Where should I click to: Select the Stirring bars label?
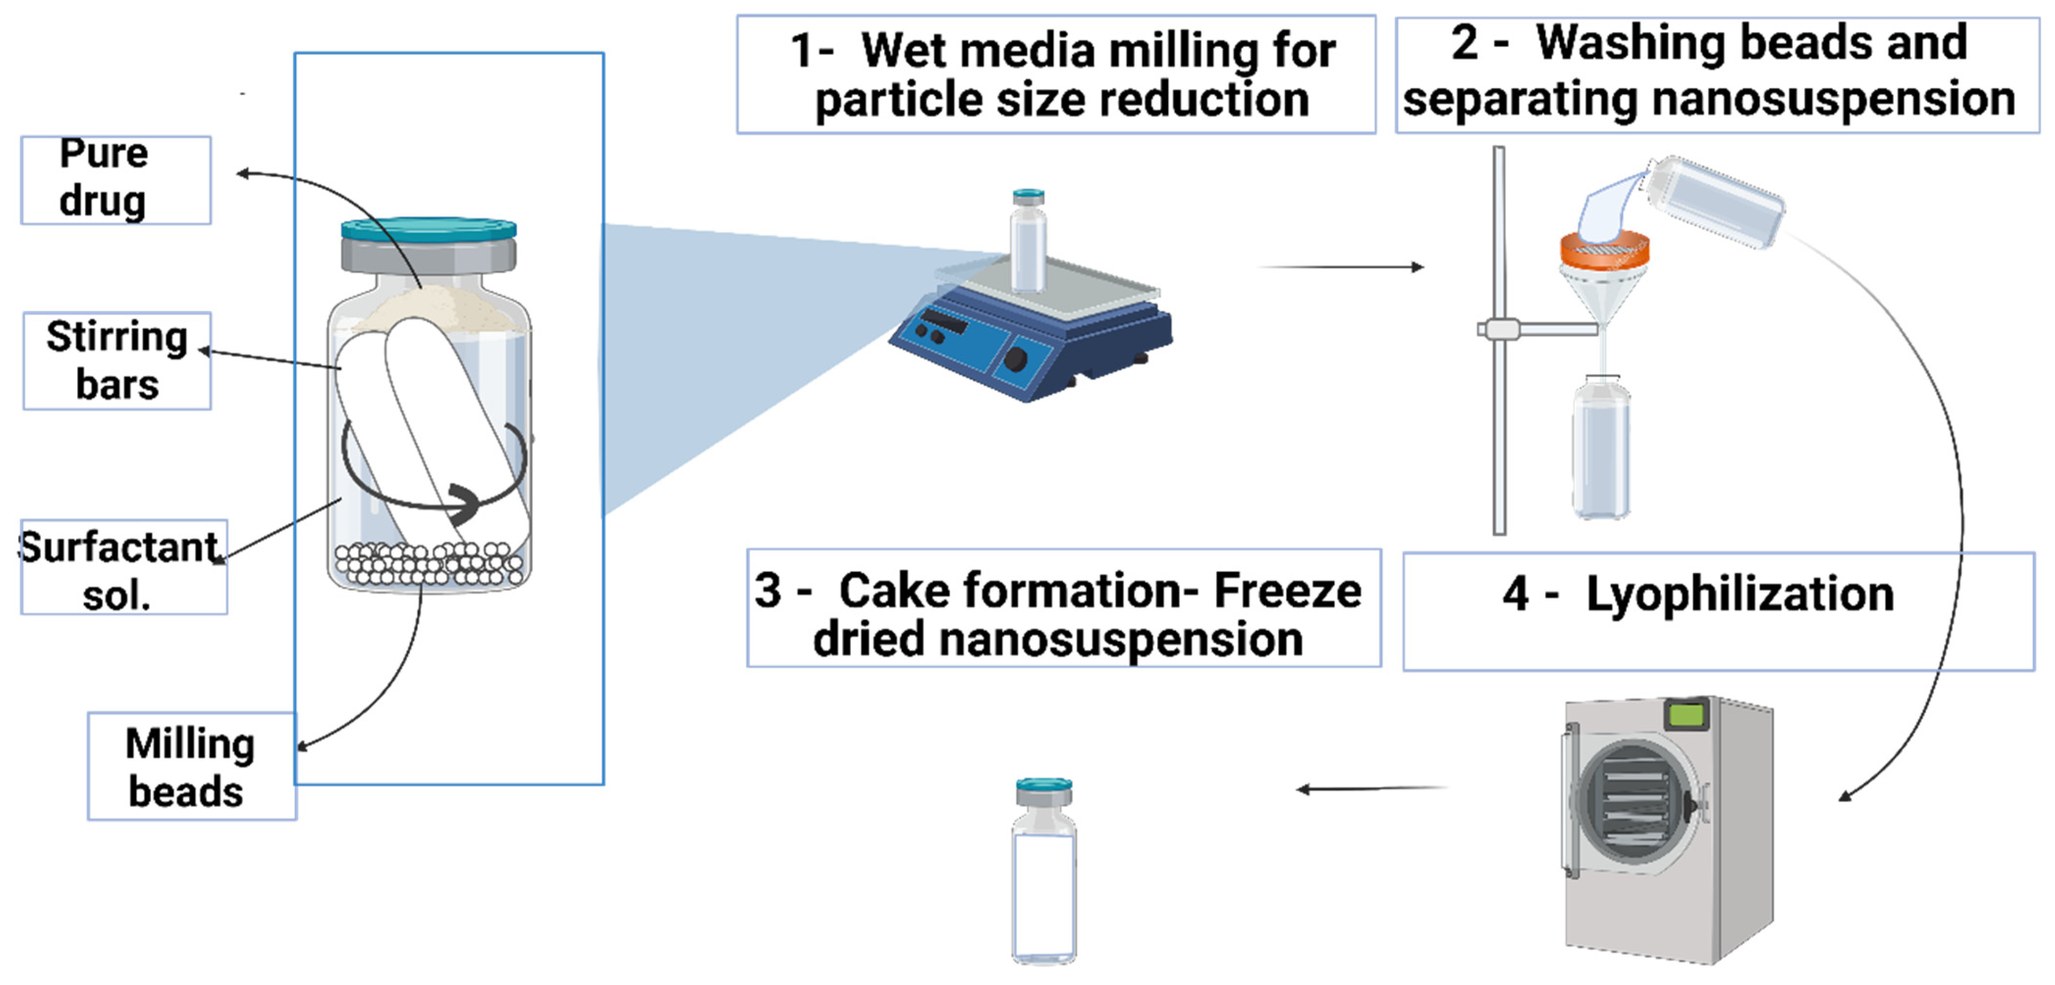(x=117, y=360)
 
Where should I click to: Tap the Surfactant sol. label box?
(x=124, y=568)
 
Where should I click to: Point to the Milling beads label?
(x=191, y=767)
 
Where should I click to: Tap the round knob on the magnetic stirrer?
(x=1016, y=360)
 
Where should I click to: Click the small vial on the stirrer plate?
(x=1028, y=244)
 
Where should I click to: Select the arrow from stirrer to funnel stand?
(x=1340, y=266)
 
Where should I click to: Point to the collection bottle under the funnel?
(x=1601, y=451)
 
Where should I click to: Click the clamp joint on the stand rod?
(x=1500, y=329)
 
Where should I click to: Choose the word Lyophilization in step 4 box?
(x=1739, y=594)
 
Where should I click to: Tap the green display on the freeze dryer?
(x=1687, y=713)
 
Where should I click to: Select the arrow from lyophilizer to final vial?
(x=1372, y=789)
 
